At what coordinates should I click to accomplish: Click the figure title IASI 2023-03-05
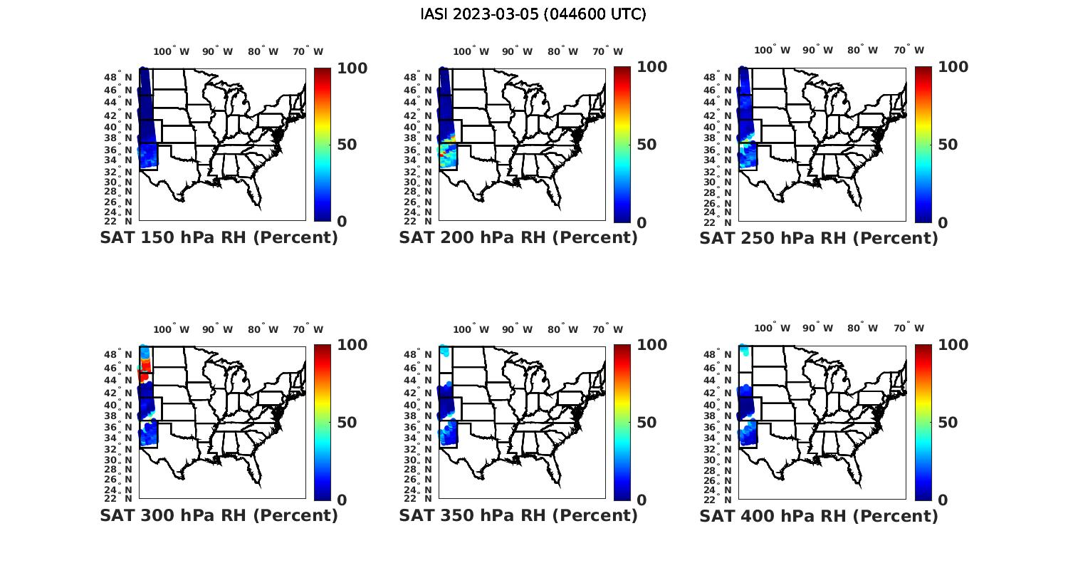533,14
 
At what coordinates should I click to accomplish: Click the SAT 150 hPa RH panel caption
219,238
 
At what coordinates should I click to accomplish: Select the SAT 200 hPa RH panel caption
518,238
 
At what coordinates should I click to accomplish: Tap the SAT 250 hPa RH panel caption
819,238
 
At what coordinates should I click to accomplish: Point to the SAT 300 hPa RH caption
219,515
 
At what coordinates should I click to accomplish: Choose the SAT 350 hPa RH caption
518,515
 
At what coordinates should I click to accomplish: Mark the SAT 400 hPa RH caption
819,515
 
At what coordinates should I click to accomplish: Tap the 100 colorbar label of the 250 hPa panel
953,67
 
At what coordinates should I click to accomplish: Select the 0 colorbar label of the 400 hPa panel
943,500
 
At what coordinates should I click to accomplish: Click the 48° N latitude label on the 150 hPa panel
119,77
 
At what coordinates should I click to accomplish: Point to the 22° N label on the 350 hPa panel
419,498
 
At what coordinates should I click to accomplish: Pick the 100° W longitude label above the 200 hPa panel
471,51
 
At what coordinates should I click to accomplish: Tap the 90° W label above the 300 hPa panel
217,329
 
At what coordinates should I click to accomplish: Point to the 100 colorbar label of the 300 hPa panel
352,345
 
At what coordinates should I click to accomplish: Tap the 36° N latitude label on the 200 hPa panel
419,150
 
